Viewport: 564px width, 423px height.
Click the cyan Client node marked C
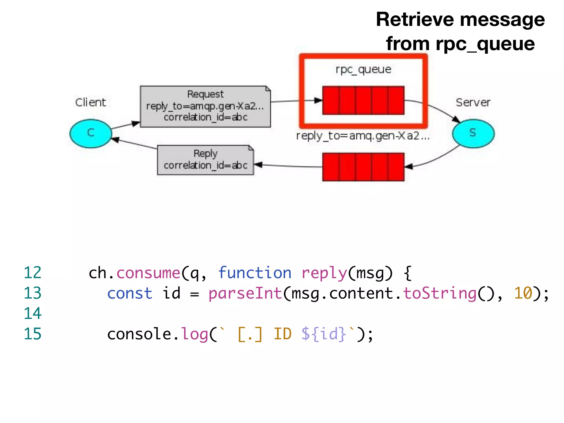[x=91, y=134]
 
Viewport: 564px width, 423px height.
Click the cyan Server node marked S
[x=473, y=134]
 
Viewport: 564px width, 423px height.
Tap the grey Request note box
[x=205, y=106]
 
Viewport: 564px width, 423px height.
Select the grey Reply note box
[x=205, y=160]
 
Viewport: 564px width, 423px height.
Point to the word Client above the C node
[x=90, y=102]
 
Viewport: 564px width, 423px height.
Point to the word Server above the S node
[x=473, y=102]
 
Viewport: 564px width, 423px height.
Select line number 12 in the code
[x=32, y=273]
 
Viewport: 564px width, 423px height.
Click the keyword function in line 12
[x=255, y=273]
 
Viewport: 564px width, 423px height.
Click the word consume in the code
[x=148, y=273]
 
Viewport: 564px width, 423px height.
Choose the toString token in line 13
[x=440, y=293]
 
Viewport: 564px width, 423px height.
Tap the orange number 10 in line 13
[x=523, y=293]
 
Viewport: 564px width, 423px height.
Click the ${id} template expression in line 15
[x=324, y=334]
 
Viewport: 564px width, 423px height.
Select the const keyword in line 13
[x=129, y=293]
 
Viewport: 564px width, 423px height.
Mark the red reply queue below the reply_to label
[x=363, y=167]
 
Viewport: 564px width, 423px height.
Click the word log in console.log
[x=194, y=334]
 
